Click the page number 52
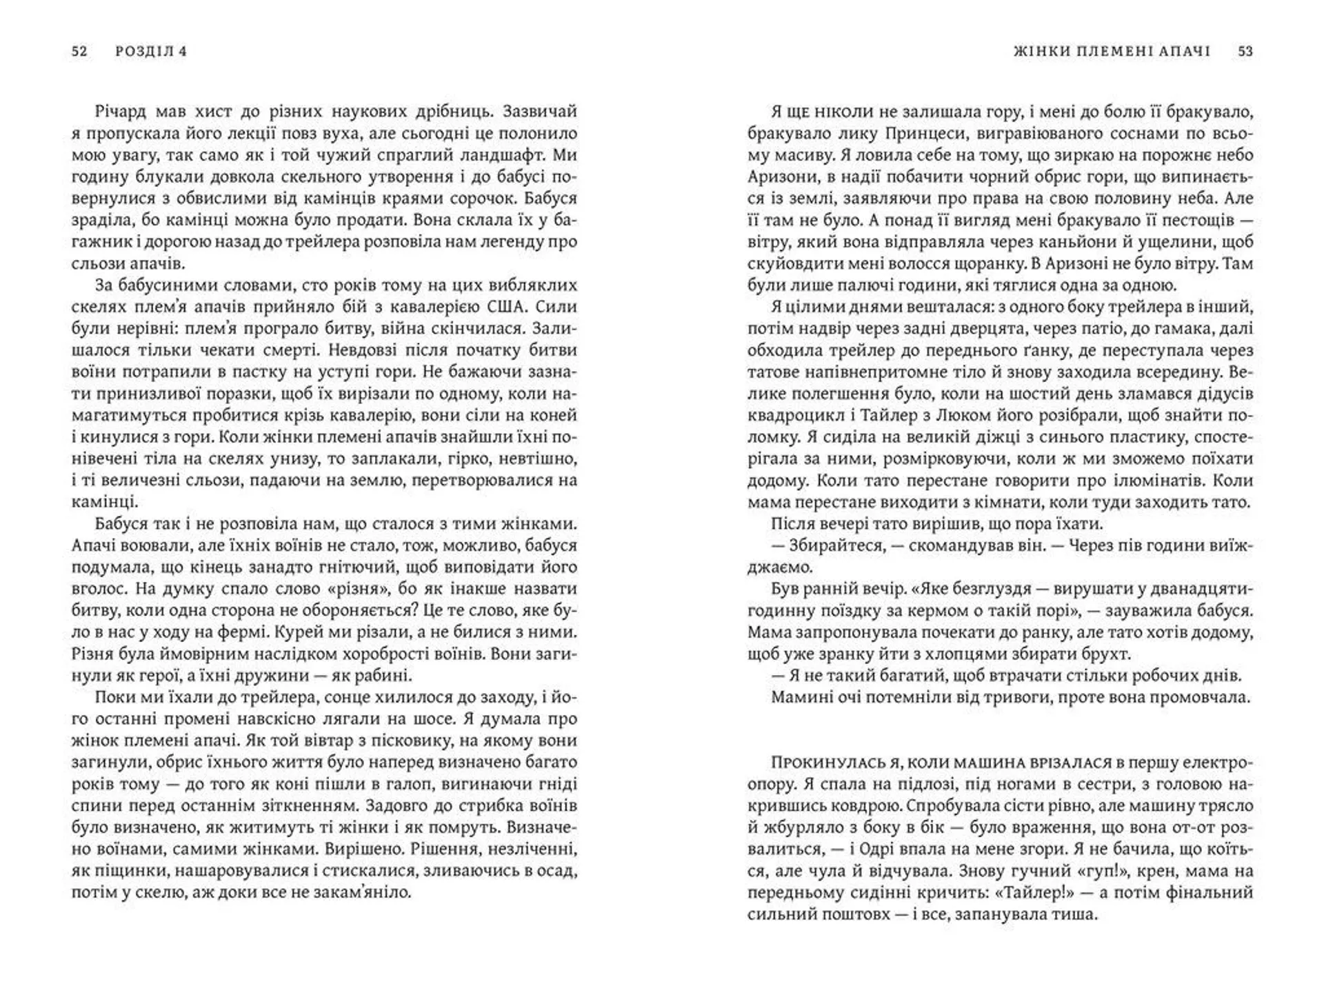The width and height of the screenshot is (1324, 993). coord(79,52)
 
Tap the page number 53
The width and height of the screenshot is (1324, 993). coord(1245,52)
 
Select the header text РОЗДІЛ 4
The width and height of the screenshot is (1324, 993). coord(152,52)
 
